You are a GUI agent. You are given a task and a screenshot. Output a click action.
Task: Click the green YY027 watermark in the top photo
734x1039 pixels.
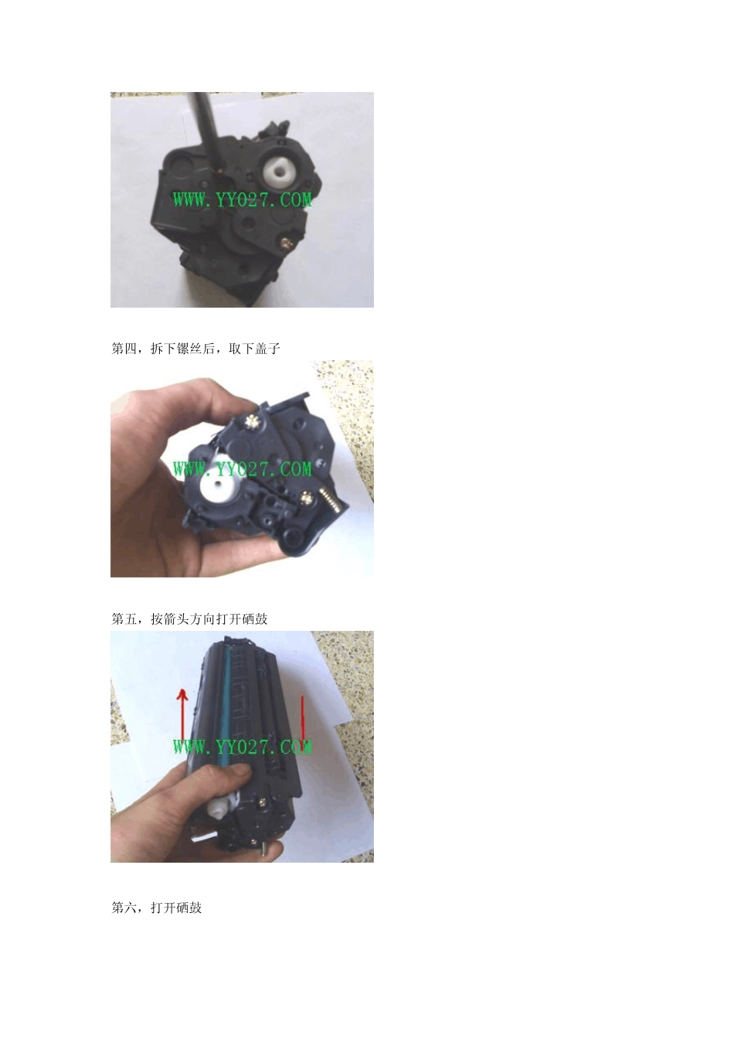(243, 199)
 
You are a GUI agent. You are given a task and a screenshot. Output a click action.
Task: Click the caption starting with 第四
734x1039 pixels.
(195, 349)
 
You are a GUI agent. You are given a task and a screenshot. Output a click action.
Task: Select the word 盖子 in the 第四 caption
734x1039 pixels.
(267, 349)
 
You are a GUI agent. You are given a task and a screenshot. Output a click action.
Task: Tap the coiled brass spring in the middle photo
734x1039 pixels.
(332, 505)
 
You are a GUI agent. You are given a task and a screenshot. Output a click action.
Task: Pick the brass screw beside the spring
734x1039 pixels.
(309, 497)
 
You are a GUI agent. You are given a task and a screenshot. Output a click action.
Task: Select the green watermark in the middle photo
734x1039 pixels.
(243, 468)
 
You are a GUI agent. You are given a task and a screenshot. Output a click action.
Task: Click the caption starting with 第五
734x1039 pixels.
(189, 618)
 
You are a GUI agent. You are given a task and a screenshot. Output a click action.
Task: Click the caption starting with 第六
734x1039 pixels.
(157, 908)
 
